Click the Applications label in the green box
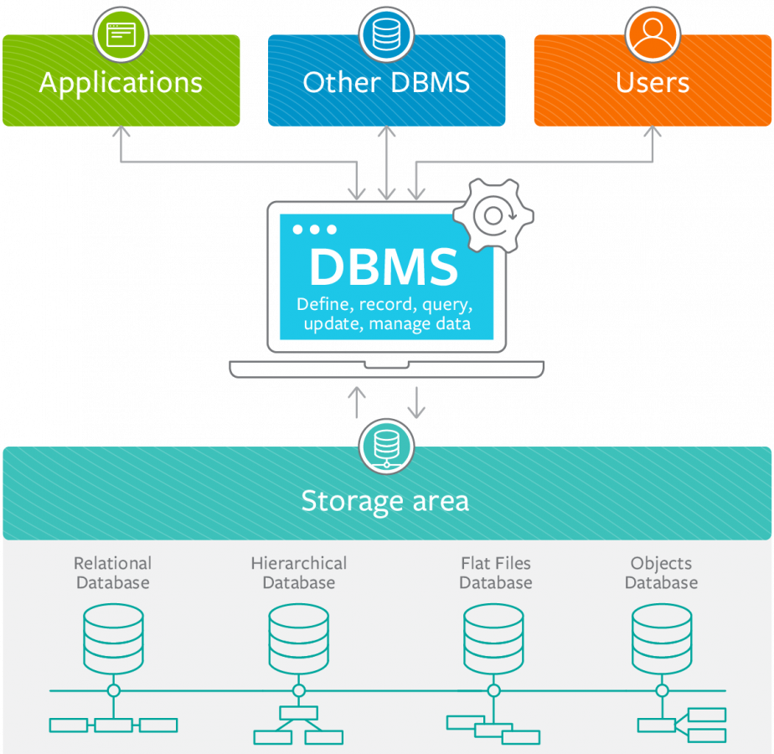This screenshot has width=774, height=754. [x=121, y=83]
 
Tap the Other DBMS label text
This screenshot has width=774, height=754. [x=386, y=83]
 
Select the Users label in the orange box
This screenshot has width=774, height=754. [x=653, y=83]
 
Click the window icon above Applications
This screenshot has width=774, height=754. [x=121, y=34]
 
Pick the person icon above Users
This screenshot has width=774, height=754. [x=652, y=34]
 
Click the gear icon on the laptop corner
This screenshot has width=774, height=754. [x=493, y=214]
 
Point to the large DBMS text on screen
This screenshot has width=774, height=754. [x=384, y=267]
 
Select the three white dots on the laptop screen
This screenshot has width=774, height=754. [x=314, y=230]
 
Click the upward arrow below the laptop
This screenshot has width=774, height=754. [x=357, y=402]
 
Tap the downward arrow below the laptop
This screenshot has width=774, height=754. [x=415, y=402]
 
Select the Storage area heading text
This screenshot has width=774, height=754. [x=385, y=501]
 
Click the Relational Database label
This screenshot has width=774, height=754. [x=112, y=573]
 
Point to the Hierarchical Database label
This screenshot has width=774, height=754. [x=298, y=573]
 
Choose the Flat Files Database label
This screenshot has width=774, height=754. [x=495, y=573]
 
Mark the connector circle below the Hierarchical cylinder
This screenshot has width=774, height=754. [x=298, y=690]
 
